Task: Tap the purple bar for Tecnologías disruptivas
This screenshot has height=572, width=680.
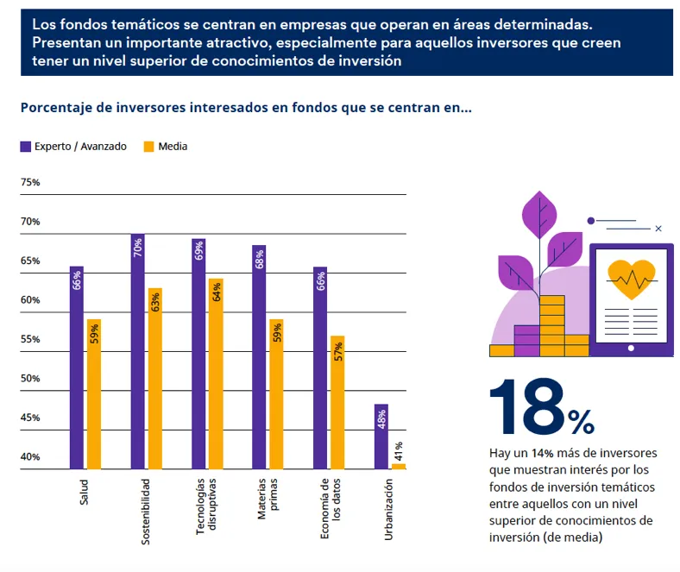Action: point(198,354)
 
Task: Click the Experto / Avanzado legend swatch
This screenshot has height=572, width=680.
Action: point(26,147)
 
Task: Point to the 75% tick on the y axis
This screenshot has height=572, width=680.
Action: point(30,183)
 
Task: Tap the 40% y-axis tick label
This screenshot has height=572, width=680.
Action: point(30,457)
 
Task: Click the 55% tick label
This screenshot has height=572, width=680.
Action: point(30,340)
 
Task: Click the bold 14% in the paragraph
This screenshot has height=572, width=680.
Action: point(542,453)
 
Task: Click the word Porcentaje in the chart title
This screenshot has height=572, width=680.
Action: point(57,109)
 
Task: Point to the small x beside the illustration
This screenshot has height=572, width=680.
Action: point(658,229)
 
